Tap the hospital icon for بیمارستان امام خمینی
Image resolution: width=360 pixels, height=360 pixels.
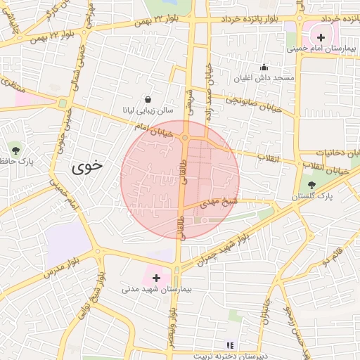point(321,37)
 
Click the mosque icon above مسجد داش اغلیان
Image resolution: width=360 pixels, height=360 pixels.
point(264,67)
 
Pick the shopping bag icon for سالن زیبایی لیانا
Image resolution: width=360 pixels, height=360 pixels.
point(148,99)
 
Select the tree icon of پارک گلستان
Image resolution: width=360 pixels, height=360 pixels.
point(312,185)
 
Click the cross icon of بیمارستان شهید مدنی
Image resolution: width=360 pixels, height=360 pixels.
point(156,278)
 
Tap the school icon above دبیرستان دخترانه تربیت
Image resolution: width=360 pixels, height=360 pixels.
point(229,345)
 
